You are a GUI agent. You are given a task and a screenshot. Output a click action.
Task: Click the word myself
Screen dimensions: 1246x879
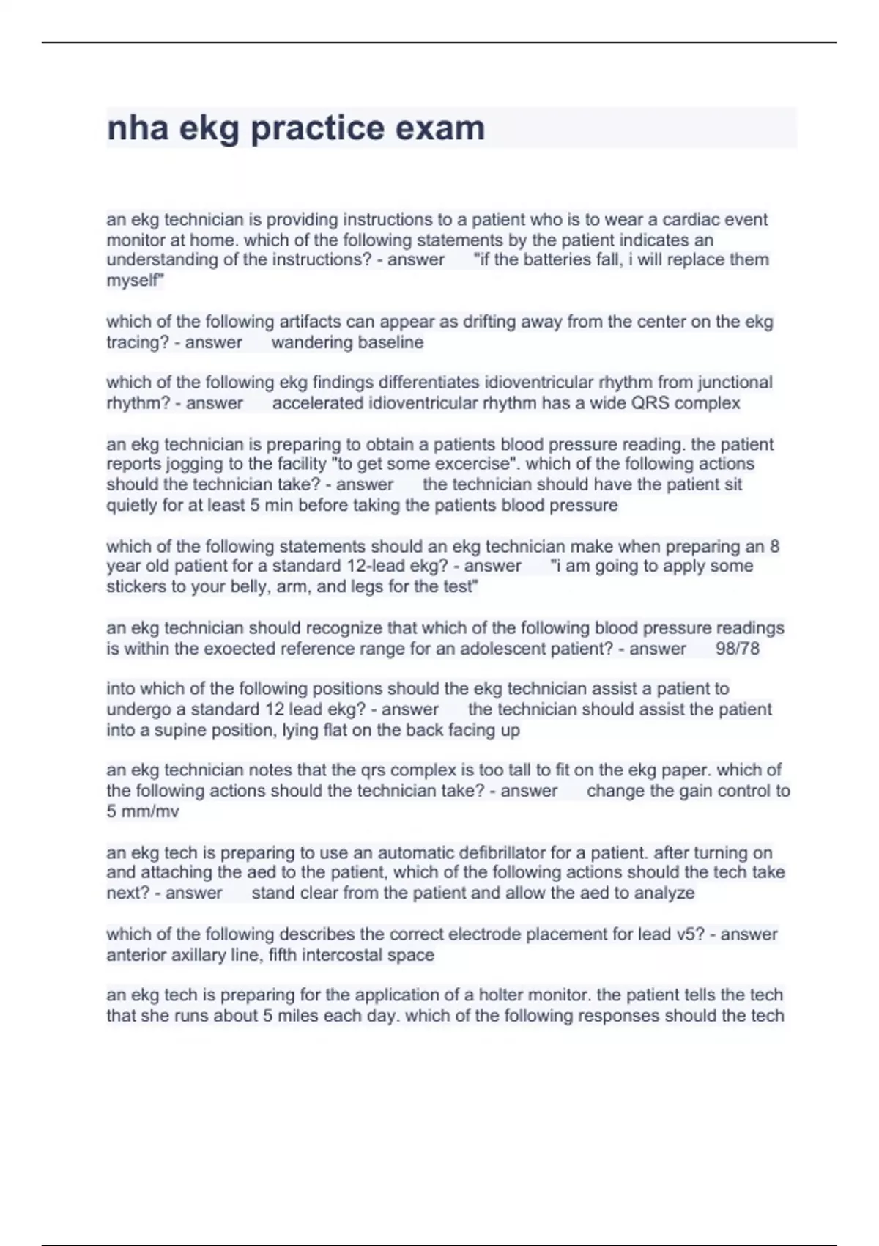pos(135,281)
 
